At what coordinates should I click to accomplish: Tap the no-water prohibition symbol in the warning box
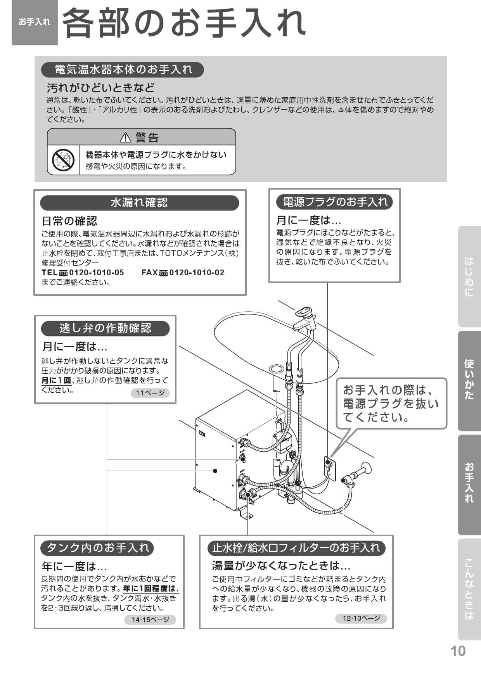63,160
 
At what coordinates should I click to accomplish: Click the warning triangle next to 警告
125,137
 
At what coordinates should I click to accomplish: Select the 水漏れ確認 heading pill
139,203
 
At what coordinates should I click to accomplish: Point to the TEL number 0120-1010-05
96,273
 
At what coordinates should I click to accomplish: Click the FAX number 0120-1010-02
197,273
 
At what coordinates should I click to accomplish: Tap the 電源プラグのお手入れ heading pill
334,202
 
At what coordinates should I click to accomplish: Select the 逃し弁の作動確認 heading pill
105,328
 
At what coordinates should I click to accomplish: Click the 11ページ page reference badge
150,393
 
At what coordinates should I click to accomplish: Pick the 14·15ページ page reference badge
150,620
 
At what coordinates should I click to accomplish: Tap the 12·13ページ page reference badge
361,618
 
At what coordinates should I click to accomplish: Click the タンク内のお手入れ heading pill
97,548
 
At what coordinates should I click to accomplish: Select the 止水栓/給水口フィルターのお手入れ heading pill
296,548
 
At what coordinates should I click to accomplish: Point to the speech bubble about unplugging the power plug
391,404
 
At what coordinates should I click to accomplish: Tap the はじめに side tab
469,276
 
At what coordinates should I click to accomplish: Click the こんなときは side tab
469,589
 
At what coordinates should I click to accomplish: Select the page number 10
458,651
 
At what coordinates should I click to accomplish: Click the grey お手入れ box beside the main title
35,22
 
